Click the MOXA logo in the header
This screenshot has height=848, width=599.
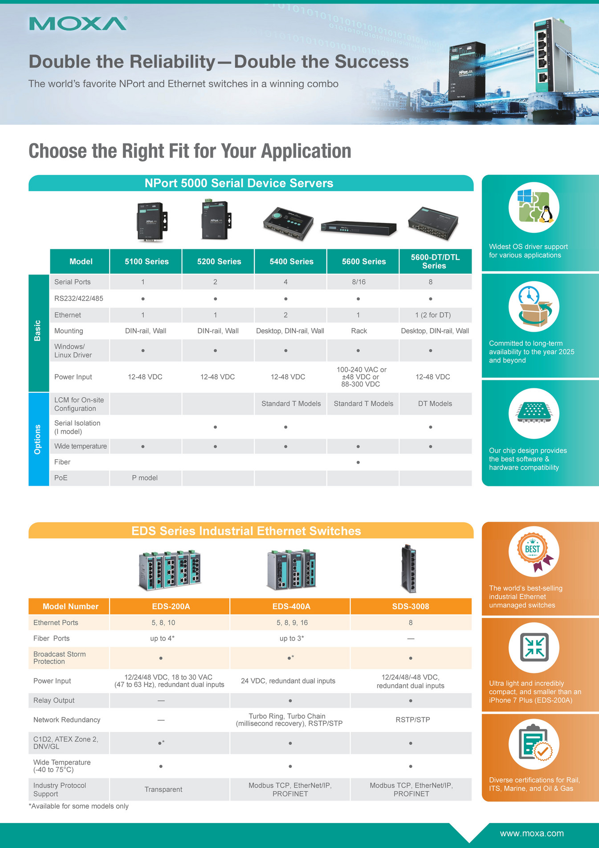[x=78, y=24]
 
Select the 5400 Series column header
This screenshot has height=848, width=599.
[x=291, y=262]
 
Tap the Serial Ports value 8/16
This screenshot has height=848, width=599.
[x=359, y=282]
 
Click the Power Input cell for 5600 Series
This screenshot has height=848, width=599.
[x=361, y=377]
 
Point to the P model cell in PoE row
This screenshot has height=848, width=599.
[x=145, y=478]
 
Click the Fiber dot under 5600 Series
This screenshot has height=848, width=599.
[x=358, y=462]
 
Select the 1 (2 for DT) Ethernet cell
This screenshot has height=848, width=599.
[x=433, y=315]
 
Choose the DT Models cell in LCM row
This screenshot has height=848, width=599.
[x=435, y=403]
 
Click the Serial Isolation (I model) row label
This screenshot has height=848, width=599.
[x=77, y=427]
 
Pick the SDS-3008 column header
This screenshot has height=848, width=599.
[x=410, y=606]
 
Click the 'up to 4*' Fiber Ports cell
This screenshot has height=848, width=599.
[x=162, y=638]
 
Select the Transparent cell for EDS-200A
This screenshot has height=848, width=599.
[x=163, y=790]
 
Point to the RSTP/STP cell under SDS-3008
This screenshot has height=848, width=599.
[x=412, y=720]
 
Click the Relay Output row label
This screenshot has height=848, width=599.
[x=54, y=700]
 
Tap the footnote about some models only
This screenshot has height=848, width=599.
[x=78, y=806]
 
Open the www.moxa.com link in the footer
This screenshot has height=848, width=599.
[x=531, y=833]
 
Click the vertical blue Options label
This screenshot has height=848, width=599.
[x=38, y=439]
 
